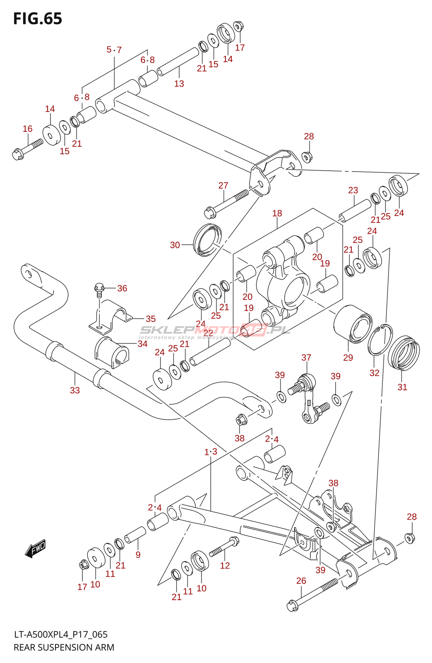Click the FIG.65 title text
pyautogui.click(x=38, y=19)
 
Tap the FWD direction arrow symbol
pyautogui.click(x=36, y=549)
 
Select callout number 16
pyautogui.click(x=27, y=129)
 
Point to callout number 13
pyautogui.click(x=179, y=84)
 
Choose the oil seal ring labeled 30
pyautogui.click(x=207, y=240)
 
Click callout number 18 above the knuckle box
pyautogui.click(x=277, y=213)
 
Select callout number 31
pyautogui.click(x=402, y=387)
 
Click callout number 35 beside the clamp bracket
pyautogui.click(x=151, y=319)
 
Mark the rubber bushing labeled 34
pyautogui.click(x=112, y=352)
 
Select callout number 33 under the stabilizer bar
pyautogui.click(x=74, y=390)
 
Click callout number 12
pyautogui.click(x=225, y=566)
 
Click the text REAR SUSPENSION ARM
pyautogui.click(x=64, y=647)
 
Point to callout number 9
pyautogui.click(x=138, y=555)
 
